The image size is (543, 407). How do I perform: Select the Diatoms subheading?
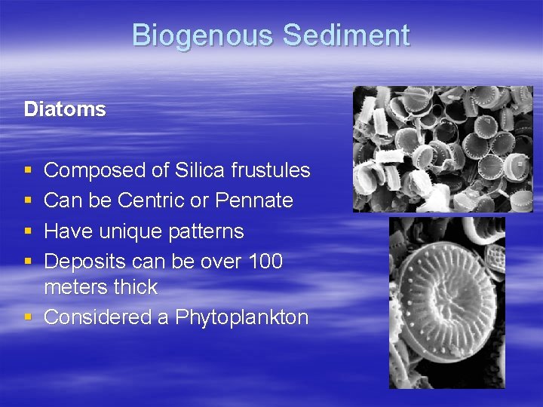click(65, 109)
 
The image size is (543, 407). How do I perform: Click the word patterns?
click(207, 231)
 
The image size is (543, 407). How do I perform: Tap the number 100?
click(265, 261)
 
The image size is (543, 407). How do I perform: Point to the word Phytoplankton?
click(242, 317)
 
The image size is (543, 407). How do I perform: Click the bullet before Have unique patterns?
click(28, 231)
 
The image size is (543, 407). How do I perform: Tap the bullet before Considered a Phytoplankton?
click(28, 317)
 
